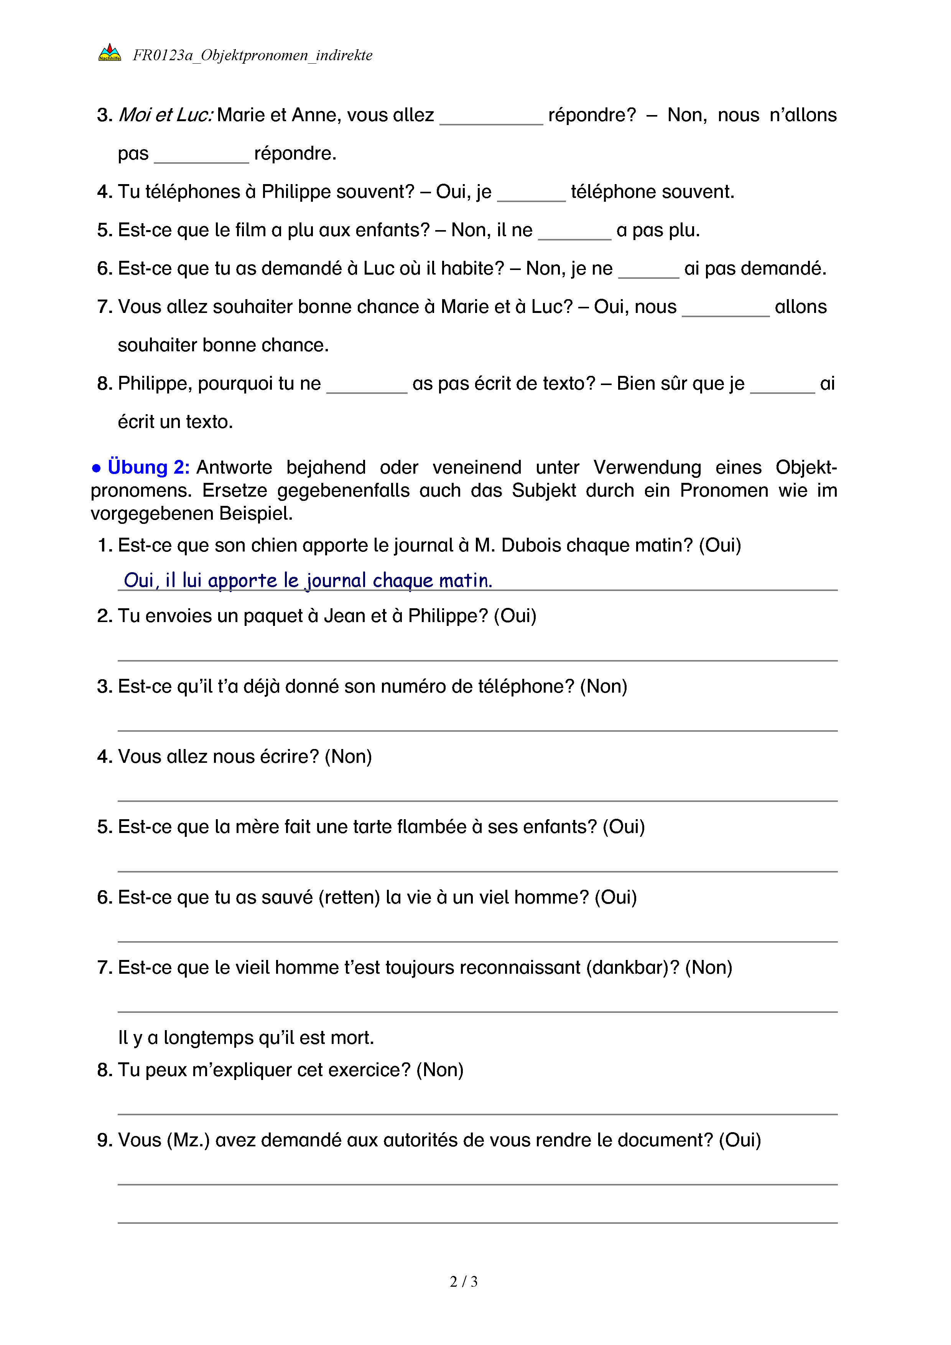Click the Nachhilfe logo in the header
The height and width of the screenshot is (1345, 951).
[110, 53]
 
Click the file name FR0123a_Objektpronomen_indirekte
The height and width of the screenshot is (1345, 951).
[252, 56]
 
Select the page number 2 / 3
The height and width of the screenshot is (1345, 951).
[463, 1281]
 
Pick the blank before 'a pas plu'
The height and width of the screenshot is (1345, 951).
[574, 232]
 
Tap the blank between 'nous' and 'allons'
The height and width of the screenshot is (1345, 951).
[726, 309]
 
